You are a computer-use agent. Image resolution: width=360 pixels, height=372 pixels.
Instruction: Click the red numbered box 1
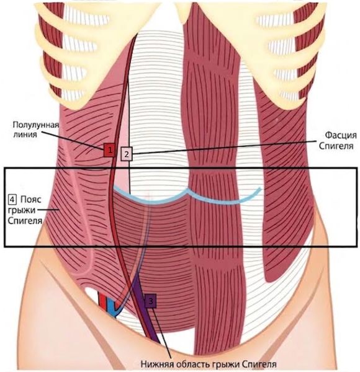pyautogui.click(x=109, y=150)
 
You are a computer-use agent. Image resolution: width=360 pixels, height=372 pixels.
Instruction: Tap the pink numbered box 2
pyautogui.click(x=127, y=154)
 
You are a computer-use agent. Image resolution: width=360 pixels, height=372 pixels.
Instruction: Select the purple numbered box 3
pyautogui.click(x=150, y=301)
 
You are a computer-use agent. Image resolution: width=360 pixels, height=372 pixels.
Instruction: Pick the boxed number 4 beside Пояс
pyautogui.click(x=12, y=199)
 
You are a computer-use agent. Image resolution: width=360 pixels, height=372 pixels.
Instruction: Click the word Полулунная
pyautogui.click(x=35, y=125)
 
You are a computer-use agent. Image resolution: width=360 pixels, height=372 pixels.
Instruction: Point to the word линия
pyautogui.click(x=25, y=135)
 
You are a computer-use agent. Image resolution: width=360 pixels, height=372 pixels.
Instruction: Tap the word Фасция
pyautogui.click(x=341, y=135)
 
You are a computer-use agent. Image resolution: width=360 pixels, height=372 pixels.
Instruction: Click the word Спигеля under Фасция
pyautogui.click(x=336, y=146)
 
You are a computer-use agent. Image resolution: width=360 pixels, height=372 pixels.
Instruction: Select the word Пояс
pyautogui.click(x=31, y=200)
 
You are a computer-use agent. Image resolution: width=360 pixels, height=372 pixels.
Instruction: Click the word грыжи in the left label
pyautogui.click(x=22, y=210)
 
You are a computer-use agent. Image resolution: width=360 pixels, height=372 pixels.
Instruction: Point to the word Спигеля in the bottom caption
pyautogui.click(x=260, y=364)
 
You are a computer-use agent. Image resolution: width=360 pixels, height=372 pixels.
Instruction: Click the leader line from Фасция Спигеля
pyautogui.click(x=225, y=148)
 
